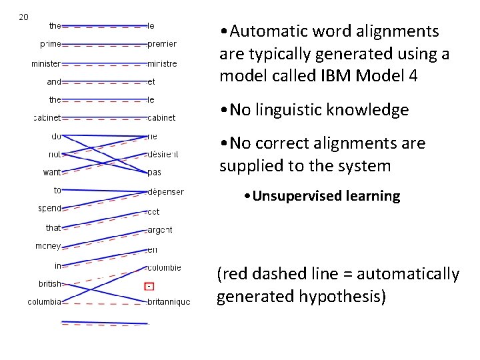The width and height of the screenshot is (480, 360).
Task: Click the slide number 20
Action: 23,17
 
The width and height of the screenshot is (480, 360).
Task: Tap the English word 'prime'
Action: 51,44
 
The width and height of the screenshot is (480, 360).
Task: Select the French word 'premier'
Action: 162,44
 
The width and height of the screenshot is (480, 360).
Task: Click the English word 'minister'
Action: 46,64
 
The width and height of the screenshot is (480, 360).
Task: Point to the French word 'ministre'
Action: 162,64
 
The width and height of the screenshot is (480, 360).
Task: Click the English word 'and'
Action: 54,82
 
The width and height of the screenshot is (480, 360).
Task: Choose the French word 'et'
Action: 151,82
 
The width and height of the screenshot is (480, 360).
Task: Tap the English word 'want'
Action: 52,173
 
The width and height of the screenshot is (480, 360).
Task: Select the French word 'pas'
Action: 155,173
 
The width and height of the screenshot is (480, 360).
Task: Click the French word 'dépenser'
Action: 165,192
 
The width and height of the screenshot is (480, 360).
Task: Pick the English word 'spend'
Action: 50,209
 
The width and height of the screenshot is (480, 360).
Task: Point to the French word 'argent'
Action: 160,230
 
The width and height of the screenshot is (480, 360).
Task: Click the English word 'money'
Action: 48,246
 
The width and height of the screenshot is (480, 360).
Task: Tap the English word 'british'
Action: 50,283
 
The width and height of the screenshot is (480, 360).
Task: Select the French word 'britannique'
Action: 169,302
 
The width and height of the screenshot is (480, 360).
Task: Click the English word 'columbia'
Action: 45,302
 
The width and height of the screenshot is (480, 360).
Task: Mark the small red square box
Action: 149,286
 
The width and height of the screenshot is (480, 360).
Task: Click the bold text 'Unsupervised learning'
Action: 326,196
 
